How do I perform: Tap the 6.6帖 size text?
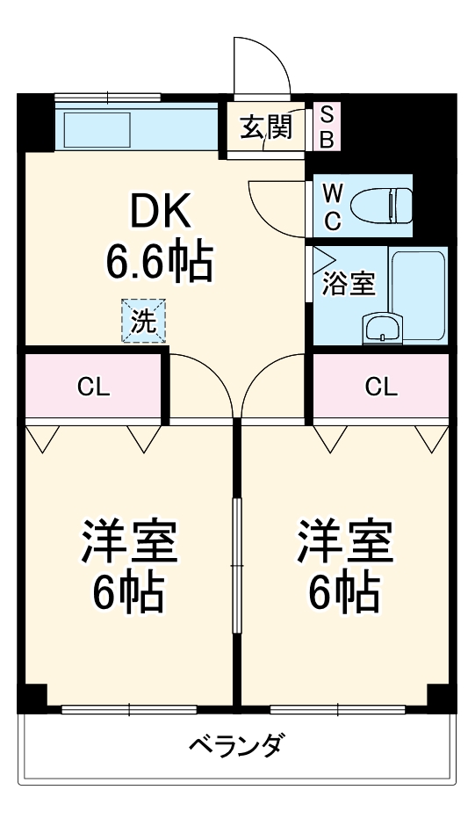point(159,260)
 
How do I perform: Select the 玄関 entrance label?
point(266,128)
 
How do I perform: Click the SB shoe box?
point(326,127)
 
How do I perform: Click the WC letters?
point(332,207)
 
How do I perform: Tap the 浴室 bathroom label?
point(349,284)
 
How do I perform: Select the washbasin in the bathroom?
point(383,330)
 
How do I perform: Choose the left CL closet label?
point(94,387)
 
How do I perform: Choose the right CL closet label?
point(381,387)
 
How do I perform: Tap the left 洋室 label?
point(130,542)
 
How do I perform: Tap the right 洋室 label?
point(344,542)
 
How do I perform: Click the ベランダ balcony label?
point(236,747)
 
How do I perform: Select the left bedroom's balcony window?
point(129,708)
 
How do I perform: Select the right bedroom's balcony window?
point(339,708)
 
